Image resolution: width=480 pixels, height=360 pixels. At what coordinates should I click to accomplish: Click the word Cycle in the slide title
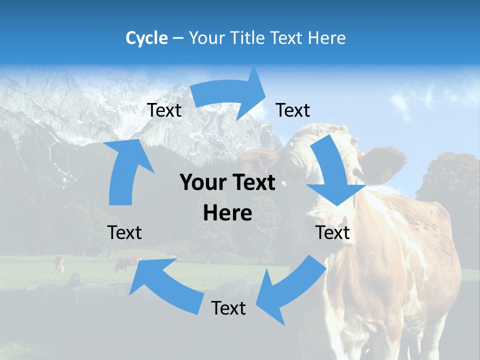(146, 38)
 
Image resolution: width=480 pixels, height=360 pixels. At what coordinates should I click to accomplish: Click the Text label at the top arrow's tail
(164, 110)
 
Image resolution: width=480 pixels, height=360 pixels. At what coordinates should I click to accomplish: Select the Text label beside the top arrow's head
(293, 110)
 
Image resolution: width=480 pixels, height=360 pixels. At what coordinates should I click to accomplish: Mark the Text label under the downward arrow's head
(332, 232)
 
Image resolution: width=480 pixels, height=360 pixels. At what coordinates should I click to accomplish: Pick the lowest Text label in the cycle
(228, 308)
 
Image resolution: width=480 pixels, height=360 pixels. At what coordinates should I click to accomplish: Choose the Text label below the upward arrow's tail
(124, 232)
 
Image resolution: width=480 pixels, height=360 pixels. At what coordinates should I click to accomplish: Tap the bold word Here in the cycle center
(227, 213)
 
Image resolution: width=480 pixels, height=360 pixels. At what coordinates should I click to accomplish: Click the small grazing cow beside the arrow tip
(127, 263)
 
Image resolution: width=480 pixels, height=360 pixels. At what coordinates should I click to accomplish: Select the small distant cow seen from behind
(59, 263)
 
